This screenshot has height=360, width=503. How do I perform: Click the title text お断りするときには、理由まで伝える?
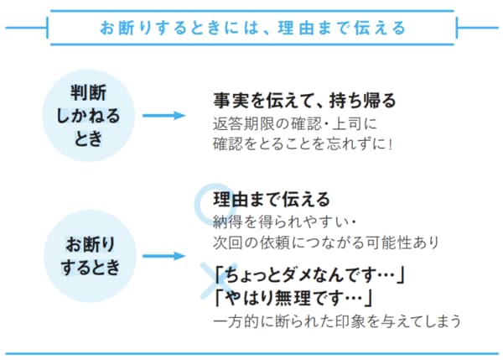[x=251, y=27]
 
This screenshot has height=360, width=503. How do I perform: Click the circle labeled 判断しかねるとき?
[x=88, y=116]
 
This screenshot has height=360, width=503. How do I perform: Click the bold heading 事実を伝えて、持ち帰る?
[x=303, y=101]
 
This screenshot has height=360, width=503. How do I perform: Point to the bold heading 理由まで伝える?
[x=272, y=201]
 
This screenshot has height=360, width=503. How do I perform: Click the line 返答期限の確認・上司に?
[x=297, y=123]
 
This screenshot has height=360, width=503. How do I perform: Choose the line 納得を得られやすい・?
[x=286, y=222]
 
